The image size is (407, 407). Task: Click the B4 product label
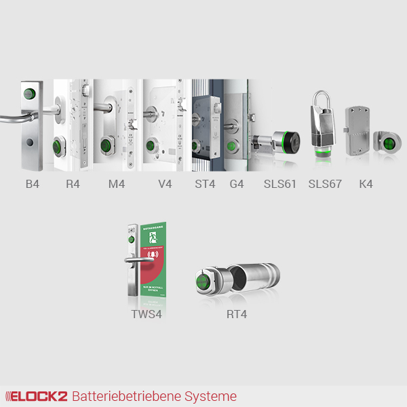click(32, 183)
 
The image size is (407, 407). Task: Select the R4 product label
click(73, 183)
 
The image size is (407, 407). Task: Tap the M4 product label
click(117, 183)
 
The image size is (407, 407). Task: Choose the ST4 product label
click(204, 183)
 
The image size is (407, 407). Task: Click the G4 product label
click(237, 183)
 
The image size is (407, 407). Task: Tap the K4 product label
click(366, 183)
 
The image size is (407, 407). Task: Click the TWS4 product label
click(147, 315)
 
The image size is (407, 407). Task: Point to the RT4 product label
click(237, 315)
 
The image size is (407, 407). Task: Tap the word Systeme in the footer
click(214, 396)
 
